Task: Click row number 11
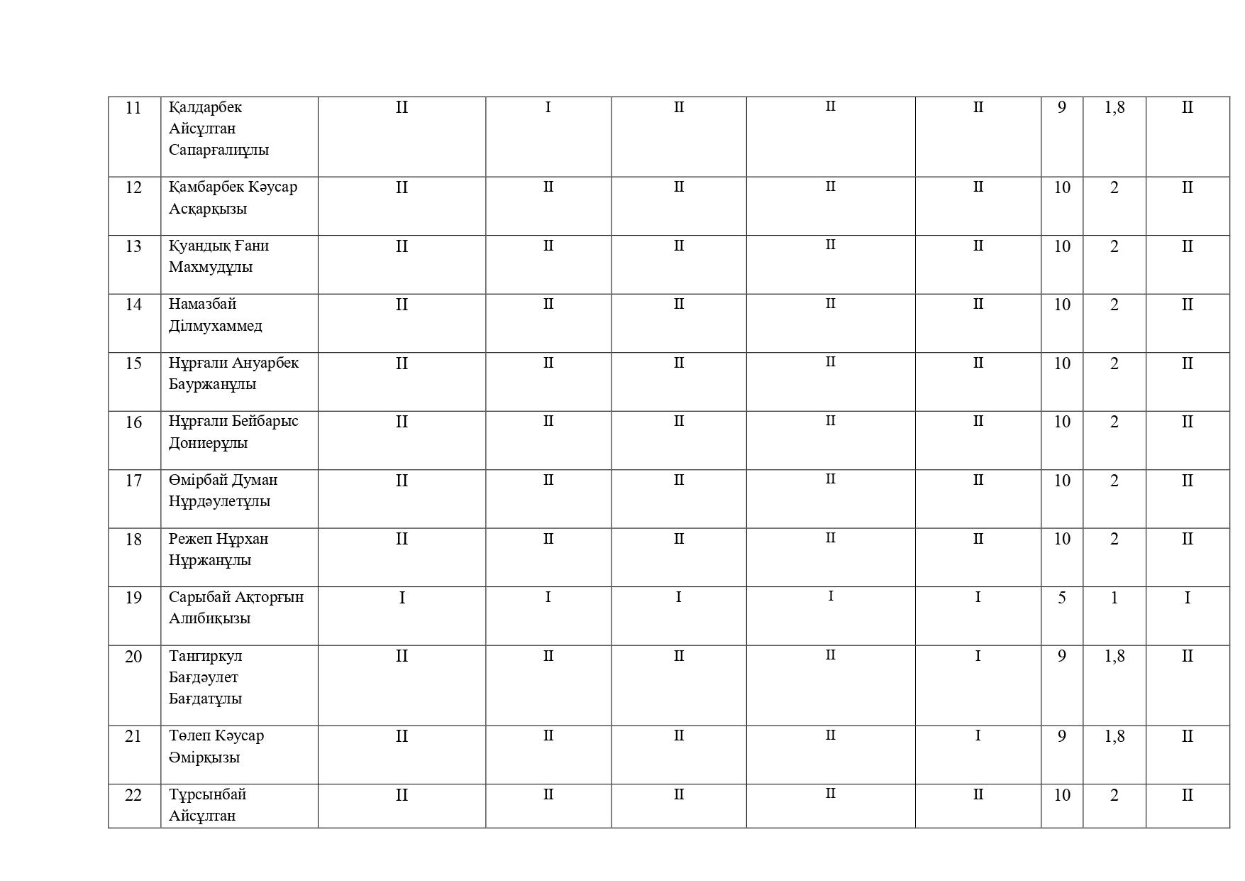[x=133, y=108]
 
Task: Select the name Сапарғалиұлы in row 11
[x=218, y=150]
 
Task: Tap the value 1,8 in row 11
[x=1114, y=108]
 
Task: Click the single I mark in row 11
[x=548, y=108]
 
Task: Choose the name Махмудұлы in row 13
[x=211, y=268]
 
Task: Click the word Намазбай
[x=202, y=305]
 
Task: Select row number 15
[x=133, y=363]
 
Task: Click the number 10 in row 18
[x=1061, y=540]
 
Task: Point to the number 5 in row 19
[x=1061, y=598]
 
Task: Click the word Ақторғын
[x=269, y=598]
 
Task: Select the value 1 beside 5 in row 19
[x=1114, y=598]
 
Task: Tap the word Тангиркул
[x=206, y=657]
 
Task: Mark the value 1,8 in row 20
[x=1114, y=657]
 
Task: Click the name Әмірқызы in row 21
[x=204, y=757]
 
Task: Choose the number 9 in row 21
[x=1061, y=736]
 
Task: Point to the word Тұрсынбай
[x=207, y=795]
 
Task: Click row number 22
[x=133, y=795]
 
